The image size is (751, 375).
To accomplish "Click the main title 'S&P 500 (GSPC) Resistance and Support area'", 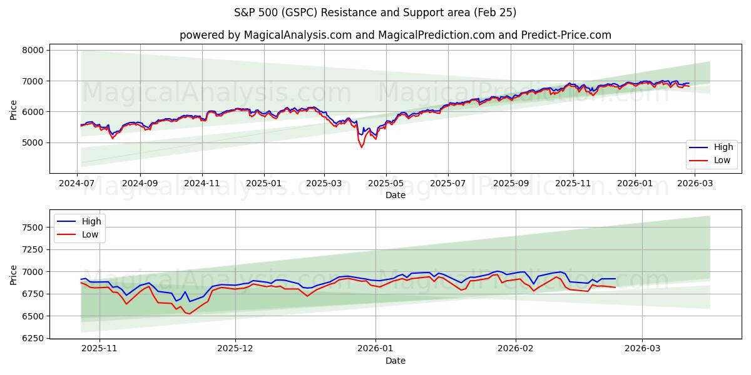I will (375, 12).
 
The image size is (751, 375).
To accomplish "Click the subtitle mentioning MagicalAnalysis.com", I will (395, 35).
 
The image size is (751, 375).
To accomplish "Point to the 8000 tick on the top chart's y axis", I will (33, 50).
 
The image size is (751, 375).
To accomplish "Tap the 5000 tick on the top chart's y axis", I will (33, 142).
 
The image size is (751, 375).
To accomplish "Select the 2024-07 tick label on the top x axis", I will (77, 184).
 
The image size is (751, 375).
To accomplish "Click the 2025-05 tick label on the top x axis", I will (386, 184).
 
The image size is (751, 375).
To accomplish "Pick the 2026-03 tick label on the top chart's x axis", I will (695, 184).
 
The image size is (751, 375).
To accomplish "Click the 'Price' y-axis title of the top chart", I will (14, 109).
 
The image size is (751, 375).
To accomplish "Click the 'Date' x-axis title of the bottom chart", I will (395, 361).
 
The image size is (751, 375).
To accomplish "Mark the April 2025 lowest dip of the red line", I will (361, 147).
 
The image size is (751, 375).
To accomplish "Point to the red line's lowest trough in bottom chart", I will (190, 314).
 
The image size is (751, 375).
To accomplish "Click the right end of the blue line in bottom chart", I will (615, 279).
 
